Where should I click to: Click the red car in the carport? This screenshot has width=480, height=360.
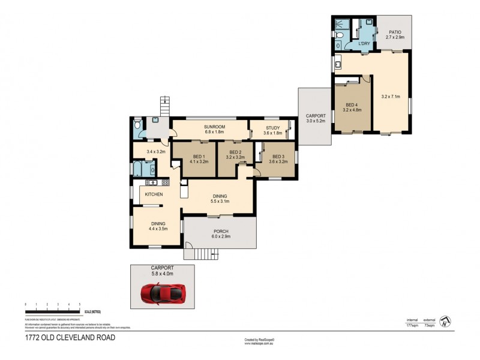163,293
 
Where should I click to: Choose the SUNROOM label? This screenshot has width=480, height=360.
214,127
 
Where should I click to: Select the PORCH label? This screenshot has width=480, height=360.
220,231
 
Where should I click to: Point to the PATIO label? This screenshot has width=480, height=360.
394,32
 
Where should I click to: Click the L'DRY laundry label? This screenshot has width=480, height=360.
364,44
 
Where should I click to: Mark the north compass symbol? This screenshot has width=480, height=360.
445,322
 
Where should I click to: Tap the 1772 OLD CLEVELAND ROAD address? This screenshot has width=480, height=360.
70,337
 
